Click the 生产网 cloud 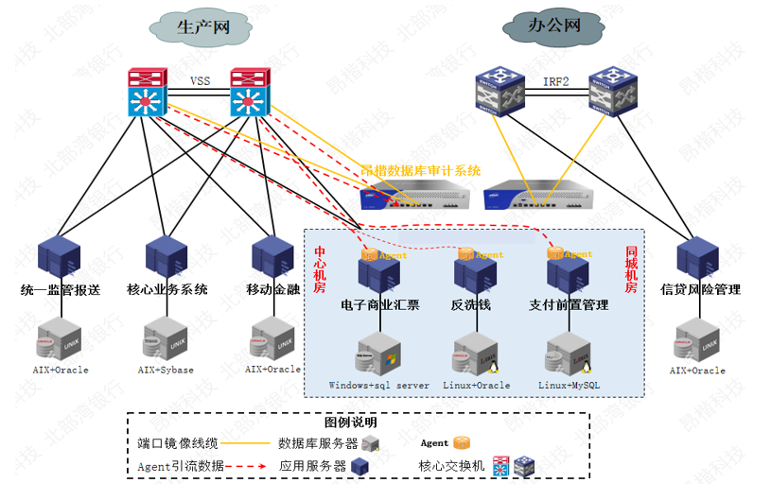point(203,27)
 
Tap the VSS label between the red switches point(200,81)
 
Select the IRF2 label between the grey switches point(555,81)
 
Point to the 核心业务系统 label point(167,289)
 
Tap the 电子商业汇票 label point(380,305)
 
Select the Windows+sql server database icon point(378,353)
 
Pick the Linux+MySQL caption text point(569,385)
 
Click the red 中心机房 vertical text point(320,269)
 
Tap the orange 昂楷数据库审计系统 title point(422,171)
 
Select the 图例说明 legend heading point(351,422)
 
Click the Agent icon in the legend point(461,442)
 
